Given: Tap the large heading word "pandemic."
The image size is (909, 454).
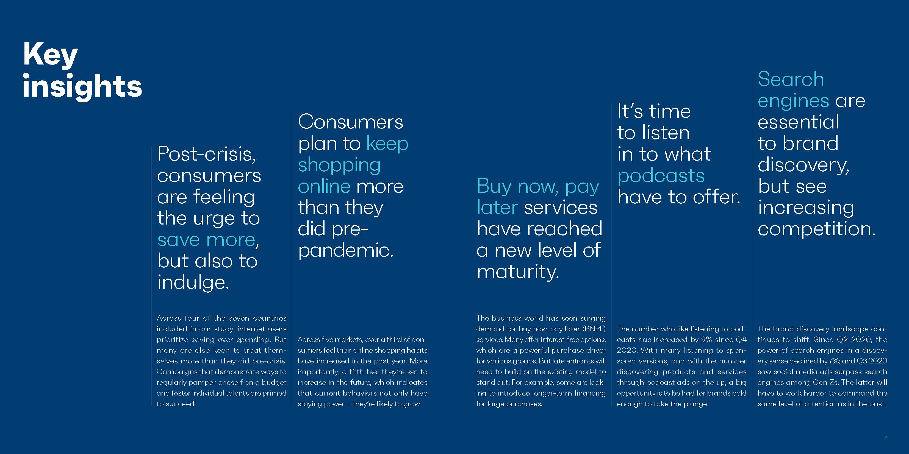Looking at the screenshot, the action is pyautogui.click(x=345, y=251).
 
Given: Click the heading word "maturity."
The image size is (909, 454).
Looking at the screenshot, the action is pyautogui.click(x=518, y=272).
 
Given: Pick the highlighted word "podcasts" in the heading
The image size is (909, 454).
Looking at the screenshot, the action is pyautogui.click(x=661, y=176).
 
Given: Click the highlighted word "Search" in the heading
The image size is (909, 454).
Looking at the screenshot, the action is pyautogui.click(x=791, y=79).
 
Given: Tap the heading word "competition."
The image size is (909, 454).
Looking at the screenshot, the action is pyautogui.click(x=817, y=229).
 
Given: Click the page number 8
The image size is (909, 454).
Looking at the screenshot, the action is pyautogui.click(x=886, y=436).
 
